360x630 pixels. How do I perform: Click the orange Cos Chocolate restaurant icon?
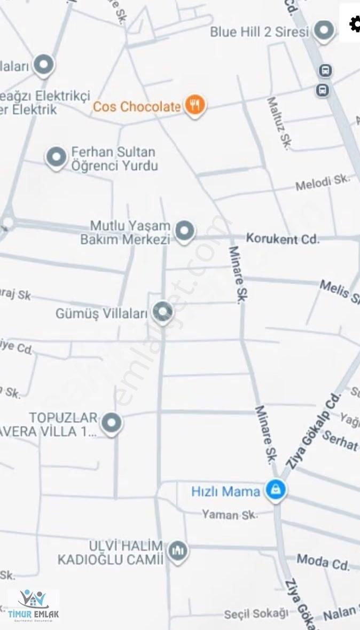[195, 106]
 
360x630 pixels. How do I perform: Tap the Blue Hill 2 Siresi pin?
[324, 30]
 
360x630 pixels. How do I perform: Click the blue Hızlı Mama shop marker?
[276, 490]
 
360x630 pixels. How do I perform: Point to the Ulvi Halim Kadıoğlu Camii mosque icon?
[177, 550]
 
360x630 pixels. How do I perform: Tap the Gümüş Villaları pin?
[162, 311]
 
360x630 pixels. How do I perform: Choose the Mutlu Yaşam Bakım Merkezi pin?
[185, 231]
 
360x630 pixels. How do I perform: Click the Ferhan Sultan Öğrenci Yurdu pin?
[56, 157]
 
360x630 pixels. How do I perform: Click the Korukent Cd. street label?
[282, 238]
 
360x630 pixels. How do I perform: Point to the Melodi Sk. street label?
[323, 183]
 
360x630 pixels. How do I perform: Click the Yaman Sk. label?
[230, 515]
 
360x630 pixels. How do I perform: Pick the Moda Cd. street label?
[323, 561]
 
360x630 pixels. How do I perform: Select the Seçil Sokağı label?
[256, 614]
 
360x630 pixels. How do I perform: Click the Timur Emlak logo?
[33, 605]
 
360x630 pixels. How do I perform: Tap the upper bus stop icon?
[325, 70]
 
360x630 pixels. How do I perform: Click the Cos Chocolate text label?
[137, 107]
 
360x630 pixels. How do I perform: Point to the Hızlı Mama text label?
[225, 491]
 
